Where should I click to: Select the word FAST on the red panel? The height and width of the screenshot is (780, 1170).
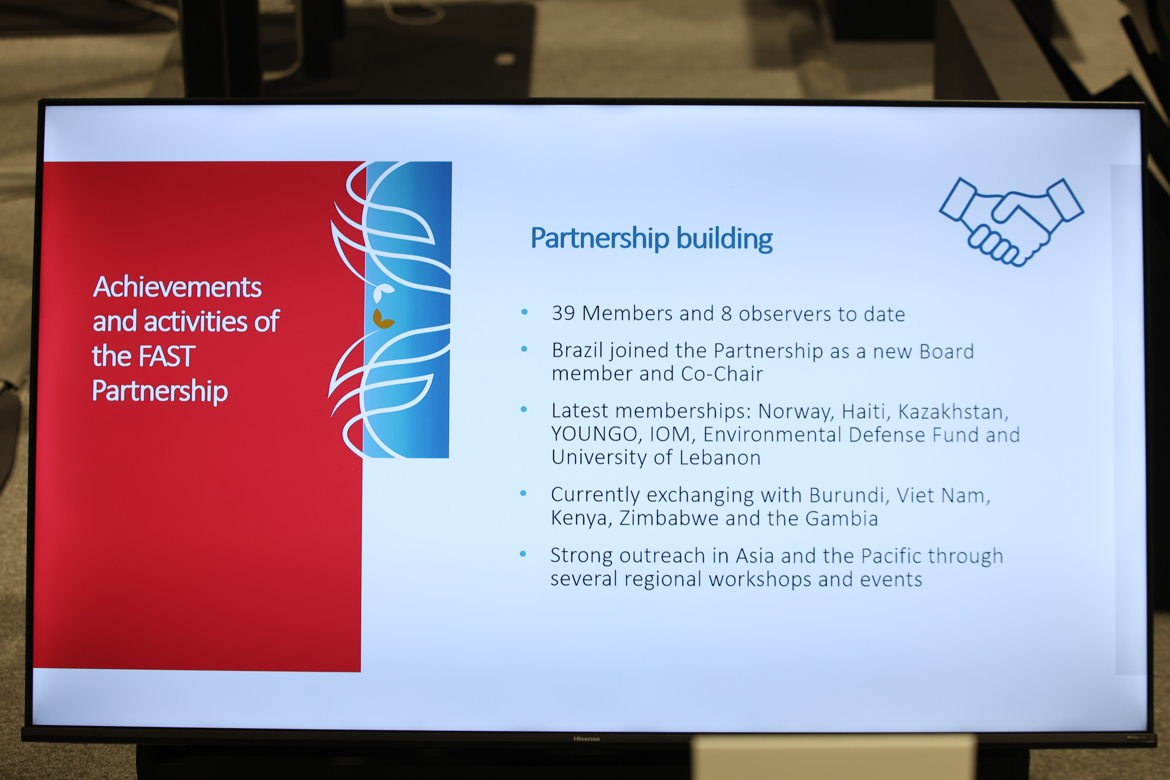(166, 356)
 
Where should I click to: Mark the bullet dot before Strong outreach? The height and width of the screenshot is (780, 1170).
(523, 554)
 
